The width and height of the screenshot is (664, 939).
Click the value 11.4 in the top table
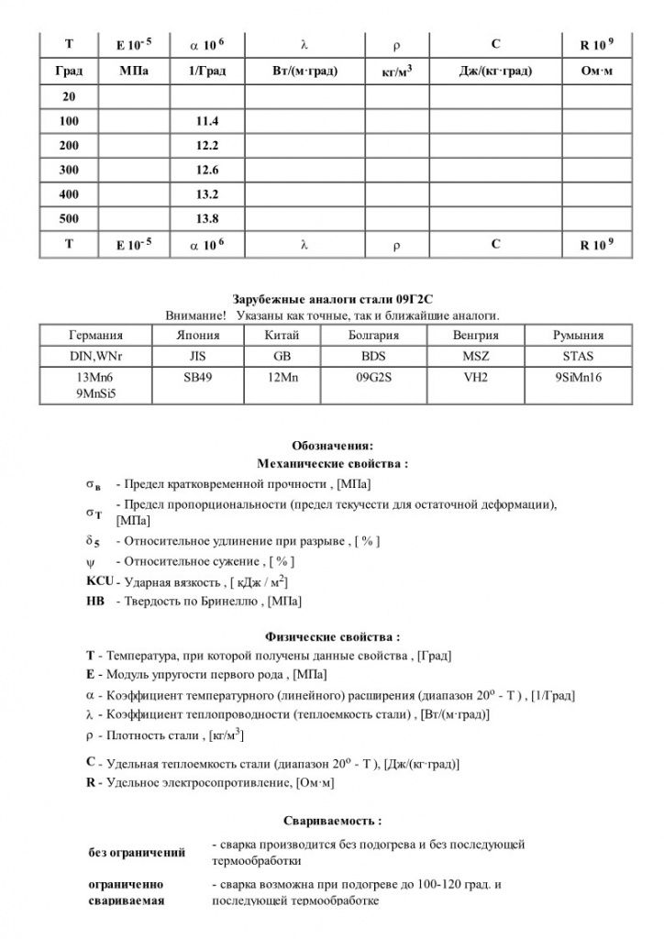click(x=207, y=121)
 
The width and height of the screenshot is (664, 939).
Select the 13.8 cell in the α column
click(x=207, y=218)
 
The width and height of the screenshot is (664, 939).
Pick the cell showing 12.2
click(x=207, y=146)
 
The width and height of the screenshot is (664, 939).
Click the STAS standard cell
click(x=578, y=358)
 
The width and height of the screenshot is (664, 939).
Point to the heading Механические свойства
click(x=331, y=463)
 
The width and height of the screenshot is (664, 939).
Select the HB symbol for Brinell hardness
click(x=94, y=602)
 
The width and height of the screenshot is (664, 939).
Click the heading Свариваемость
click(x=331, y=821)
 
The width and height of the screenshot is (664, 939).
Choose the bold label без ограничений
click(x=137, y=853)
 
